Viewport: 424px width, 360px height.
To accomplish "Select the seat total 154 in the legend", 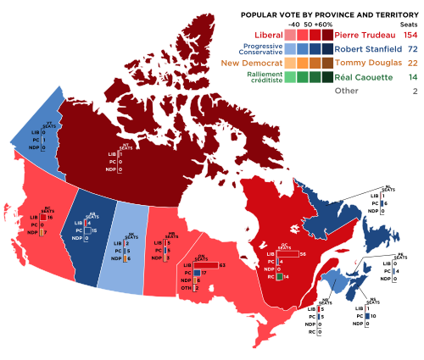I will tap(410, 35).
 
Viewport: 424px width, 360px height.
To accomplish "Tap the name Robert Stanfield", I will tap(365, 48).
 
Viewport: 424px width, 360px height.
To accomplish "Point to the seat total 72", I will tap(412, 48).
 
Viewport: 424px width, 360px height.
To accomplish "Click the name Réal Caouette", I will tap(365, 77).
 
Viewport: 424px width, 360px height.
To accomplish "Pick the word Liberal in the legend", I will tap(262, 35).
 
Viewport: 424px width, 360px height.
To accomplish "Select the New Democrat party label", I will tap(252, 63).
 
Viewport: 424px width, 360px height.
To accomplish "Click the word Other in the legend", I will tap(347, 91).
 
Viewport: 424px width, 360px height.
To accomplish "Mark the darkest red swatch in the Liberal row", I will tap(327, 35).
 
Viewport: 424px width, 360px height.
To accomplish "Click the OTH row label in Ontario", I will tap(184, 288).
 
